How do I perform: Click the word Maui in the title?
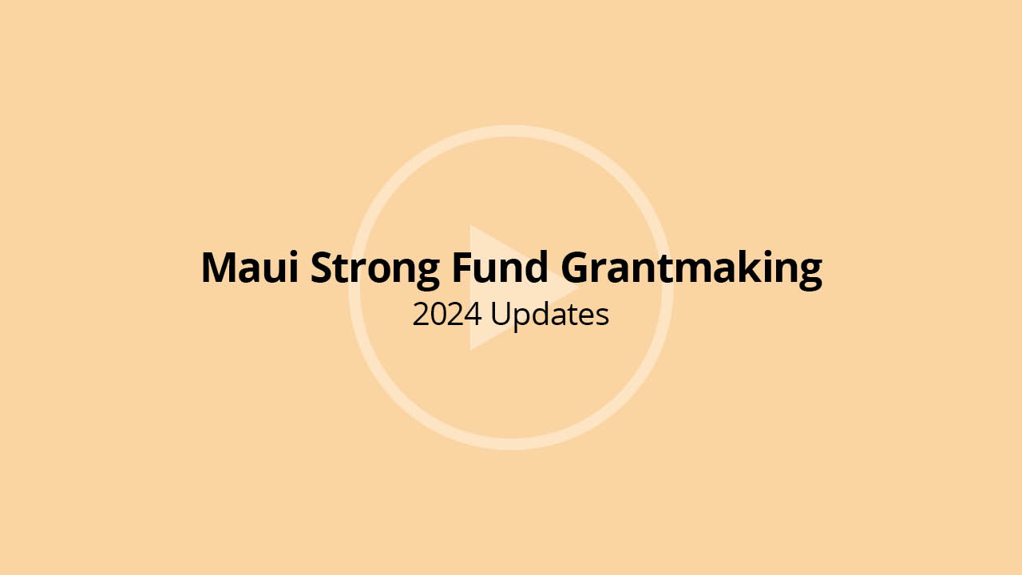coord(250,268)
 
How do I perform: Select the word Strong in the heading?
coord(375,270)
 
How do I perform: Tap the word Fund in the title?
coord(500,267)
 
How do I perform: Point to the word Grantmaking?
coord(691,269)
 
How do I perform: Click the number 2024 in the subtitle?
coord(446,315)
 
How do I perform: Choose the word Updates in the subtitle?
coord(550,315)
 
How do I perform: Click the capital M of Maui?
coord(220,268)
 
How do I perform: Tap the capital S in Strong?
coord(322,268)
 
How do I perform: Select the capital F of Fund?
coord(462,268)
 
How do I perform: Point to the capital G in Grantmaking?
coord(576,268)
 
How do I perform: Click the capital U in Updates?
coord(501,315)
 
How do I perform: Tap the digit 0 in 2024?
coord(438,315)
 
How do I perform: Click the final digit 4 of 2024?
coord(473,315)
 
